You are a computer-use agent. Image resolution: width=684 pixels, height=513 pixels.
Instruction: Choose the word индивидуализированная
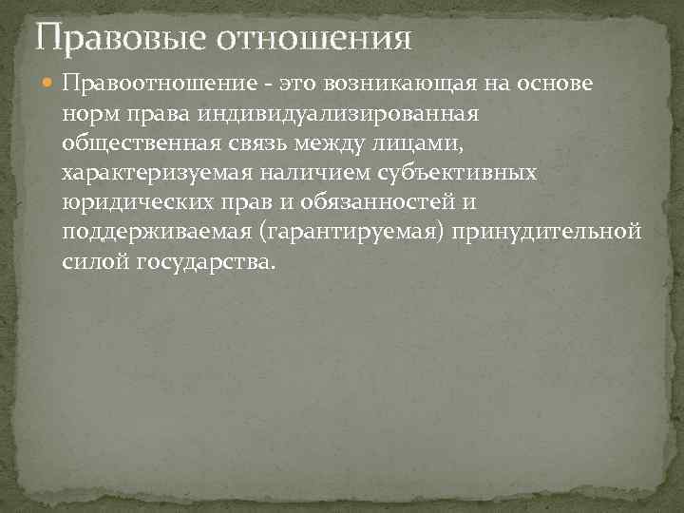click(338, 114)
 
